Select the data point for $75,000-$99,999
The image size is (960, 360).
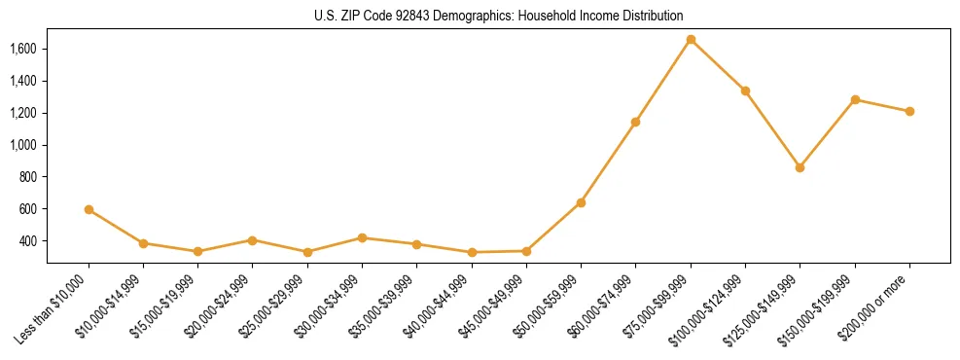(691, 40)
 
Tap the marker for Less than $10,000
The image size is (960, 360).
(89, 209)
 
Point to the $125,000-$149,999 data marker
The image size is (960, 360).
(800, 167)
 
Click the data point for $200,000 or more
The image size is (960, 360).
(909, 111)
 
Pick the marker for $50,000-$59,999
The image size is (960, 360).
(581, 202)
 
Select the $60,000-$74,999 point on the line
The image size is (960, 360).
(635, 122)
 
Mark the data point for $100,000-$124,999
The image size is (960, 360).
(745, 90)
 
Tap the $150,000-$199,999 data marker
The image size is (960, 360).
(855, 99)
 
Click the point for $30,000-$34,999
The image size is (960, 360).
(362, 237)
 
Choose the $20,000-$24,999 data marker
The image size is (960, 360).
(252, 239)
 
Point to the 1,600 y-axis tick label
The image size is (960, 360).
(22, 49)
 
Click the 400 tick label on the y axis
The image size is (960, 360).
(27, 240)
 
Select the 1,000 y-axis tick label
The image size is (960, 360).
(22, 145)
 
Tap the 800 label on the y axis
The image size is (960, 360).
(27, 177)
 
